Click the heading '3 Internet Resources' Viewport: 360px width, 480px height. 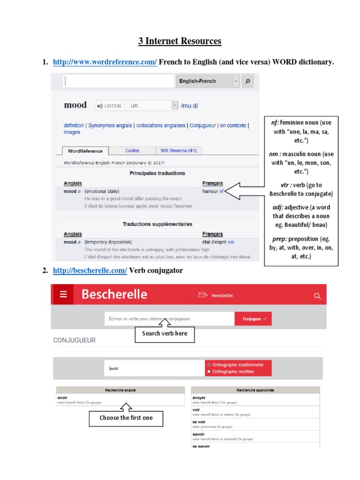pos(180,41)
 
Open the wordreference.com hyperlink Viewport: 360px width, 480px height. pos(105,62)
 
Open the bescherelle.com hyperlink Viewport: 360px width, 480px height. pos(90,271)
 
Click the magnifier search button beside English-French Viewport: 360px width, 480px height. pos(248,81)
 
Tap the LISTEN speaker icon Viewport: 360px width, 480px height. pos(99,106)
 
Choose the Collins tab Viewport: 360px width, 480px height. pos(132,150)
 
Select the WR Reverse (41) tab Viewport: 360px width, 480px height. pos(178,150)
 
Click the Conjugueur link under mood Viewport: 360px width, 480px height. pos(203,126)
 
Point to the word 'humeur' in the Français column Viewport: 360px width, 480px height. pos(210,191)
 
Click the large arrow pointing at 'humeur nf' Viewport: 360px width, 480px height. pos(244,191)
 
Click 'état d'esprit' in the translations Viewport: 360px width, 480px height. pos(214,242)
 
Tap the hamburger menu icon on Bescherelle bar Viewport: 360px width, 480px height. pos(64,294)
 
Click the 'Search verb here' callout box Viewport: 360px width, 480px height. pos(165,333)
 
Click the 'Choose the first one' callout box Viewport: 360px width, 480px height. pos(126,418)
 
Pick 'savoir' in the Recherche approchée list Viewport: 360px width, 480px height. pos(199,435)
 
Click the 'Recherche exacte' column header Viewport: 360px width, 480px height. pos(120,390)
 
